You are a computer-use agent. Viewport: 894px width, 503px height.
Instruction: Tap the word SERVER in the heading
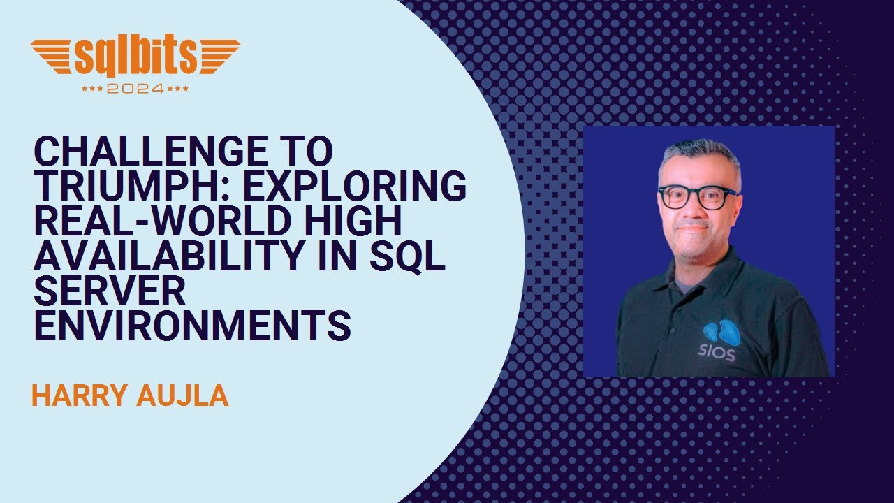(x=110, y=292)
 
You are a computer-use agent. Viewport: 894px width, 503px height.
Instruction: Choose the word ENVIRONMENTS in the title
(x=192, y=327)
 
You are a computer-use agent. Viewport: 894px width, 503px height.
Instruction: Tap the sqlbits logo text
(x=135, y=57)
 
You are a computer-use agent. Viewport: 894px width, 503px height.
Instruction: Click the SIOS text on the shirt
(x=717, y=354)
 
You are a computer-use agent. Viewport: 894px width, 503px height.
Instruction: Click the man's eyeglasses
(x=696, y=196)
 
